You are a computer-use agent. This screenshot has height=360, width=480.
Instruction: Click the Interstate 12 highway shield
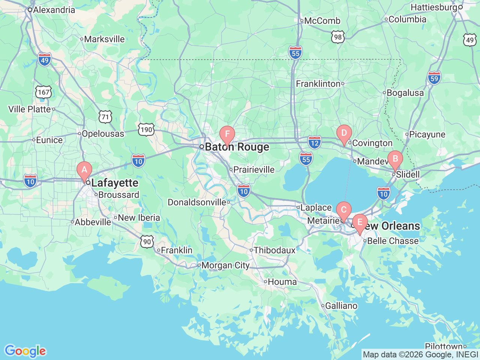[x=315, y=142]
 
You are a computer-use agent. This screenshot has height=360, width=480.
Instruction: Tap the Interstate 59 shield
[x=434, y=78]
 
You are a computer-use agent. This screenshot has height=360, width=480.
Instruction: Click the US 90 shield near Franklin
[x=147, y=241]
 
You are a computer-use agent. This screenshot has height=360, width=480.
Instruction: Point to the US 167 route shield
[x=43, y=92]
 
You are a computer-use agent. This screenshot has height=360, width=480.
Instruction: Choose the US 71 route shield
[x=105, y=117]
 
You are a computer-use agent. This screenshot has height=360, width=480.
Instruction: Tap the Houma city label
[x=282, y=282]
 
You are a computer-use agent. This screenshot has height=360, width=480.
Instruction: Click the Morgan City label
[x=225, y=265]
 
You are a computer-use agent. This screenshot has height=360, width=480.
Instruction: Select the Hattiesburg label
[x=434, y=7]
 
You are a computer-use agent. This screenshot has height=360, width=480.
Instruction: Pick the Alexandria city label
[x=54, y=10]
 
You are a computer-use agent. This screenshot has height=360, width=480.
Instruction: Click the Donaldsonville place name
[x=197, y=202]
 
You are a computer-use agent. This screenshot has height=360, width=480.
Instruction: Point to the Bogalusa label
[x=405, y=93]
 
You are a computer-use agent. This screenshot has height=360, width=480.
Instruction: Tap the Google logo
[x=25, y=351]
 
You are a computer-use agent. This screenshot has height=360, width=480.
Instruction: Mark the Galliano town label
[x=341, y=306]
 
